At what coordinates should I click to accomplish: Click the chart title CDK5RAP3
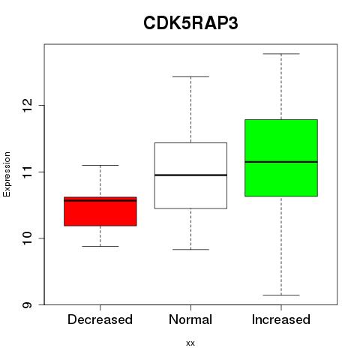(x=190, y=23)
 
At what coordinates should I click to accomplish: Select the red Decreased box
(x=100, y=211)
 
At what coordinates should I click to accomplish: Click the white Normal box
(x=190, y=175)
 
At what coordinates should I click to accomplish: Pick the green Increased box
(x=281, y=158)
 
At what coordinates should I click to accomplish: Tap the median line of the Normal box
(x=190, y=175)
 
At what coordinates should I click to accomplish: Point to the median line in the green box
(x=281, y=162)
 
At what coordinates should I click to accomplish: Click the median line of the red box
(x=100, y=200)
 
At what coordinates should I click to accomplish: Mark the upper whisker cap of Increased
(x=281, y=54)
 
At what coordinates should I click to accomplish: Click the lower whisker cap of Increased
(x=281, y=295)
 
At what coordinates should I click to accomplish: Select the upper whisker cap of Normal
(x=190, y=76)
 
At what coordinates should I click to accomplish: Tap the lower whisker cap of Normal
(x=190, y=249)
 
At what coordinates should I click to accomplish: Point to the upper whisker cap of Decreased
(x=100, y=165)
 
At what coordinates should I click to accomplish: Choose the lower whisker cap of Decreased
(x=100, y=246)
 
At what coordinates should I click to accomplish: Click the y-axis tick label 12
(x=27, y=106)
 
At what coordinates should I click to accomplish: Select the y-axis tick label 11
(x=27, y=172)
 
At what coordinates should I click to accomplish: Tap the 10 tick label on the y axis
(x=27, y=238)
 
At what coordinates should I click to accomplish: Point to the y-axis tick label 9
(x=27, y=304)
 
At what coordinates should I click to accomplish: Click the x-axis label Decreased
(x=100, y=319)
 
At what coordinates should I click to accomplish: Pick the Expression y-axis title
(x=7, y=174)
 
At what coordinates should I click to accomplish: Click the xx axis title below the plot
(x=190, y=343)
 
